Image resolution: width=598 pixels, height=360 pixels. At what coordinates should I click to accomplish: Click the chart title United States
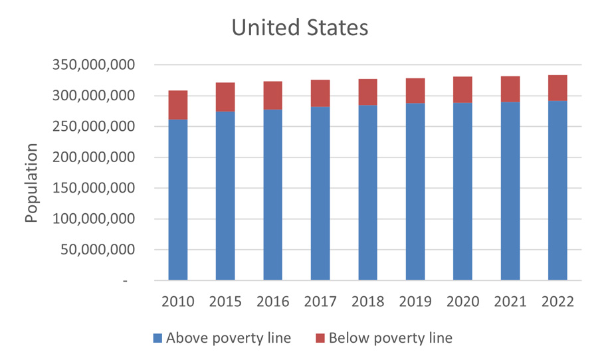point(299,28)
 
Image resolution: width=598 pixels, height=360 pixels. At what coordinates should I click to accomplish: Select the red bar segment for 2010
point(178,105)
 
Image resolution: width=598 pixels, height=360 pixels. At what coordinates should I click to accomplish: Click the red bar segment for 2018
point(367,92)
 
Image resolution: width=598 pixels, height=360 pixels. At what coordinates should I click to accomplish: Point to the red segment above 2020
point(462,90)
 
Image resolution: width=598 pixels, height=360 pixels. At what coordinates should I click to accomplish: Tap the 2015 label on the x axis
point(225,302)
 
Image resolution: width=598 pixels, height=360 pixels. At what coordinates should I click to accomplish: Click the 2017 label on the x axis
point(320,302)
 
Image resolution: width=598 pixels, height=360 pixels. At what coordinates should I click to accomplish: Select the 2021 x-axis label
point(510,302)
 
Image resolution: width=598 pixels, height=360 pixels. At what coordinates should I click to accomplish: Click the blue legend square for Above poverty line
point(157,339)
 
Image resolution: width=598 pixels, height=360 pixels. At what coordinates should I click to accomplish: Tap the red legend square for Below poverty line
point(320,339)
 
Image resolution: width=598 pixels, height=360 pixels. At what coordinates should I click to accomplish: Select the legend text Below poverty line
point(391,338)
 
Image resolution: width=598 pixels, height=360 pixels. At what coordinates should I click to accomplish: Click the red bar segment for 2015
point(225,97)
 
